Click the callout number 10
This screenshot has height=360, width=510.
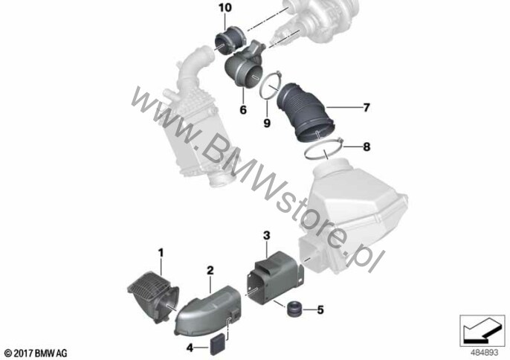pos(225,7)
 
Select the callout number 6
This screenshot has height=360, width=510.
pos(243,109)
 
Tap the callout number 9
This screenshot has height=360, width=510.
pos(267,123)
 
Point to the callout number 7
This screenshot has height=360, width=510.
pos(367,107)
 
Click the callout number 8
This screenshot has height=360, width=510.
pos(367,147)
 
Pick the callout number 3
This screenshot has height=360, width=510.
pos(267,235)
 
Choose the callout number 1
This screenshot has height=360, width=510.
pos(161,253)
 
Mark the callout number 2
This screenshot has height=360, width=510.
pos(210,270)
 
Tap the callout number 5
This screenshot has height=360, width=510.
pos(320,309)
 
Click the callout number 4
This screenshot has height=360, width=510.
pos(190,348)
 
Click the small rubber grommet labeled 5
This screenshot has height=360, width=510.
pos(294,309)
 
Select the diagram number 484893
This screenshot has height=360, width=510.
pos(485,353)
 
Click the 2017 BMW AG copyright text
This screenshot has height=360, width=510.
pos(36,353)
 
